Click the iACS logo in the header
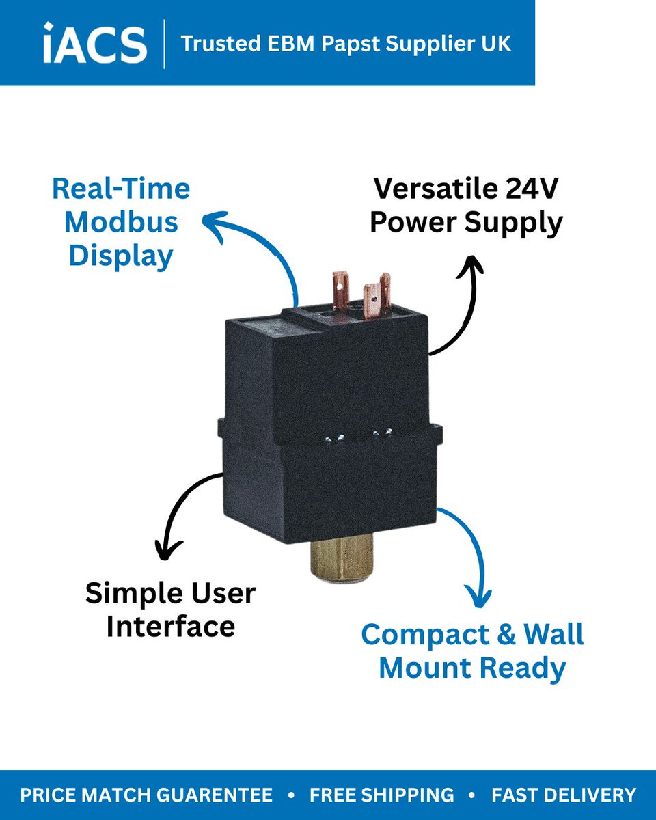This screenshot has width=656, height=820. tap(95, 43)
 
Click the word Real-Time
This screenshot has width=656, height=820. tap(121, 189)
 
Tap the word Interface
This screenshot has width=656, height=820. tap(171, 626)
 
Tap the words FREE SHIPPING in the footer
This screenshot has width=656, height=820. tap(381, 795)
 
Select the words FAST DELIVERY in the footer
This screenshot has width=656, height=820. tap(563, 795)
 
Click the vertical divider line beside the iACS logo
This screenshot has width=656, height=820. tap(164, 44)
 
